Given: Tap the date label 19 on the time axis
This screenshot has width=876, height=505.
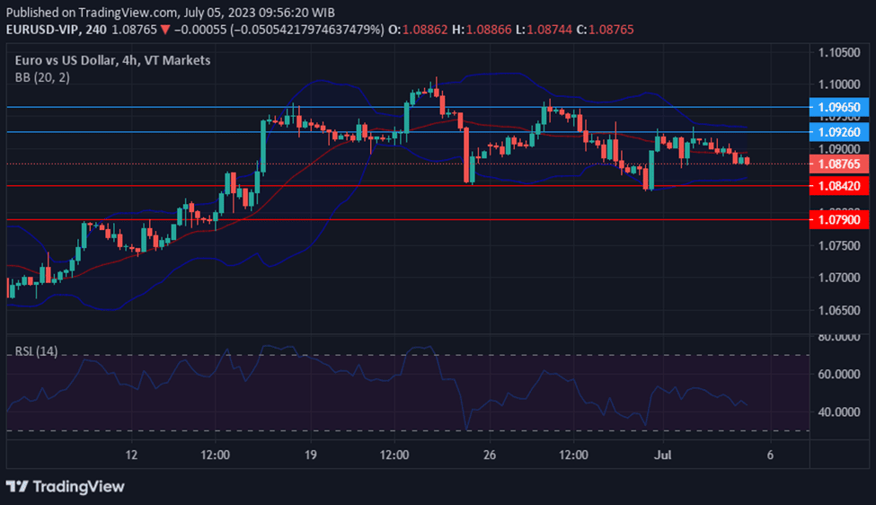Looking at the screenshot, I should pos(310,456).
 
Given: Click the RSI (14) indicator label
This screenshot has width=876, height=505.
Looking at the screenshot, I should pos(36,351).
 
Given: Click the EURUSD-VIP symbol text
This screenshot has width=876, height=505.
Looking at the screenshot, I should pos(43,30).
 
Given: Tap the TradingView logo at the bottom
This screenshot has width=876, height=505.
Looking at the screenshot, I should pos(66,486).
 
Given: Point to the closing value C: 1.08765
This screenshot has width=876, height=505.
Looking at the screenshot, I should pos(605,30).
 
